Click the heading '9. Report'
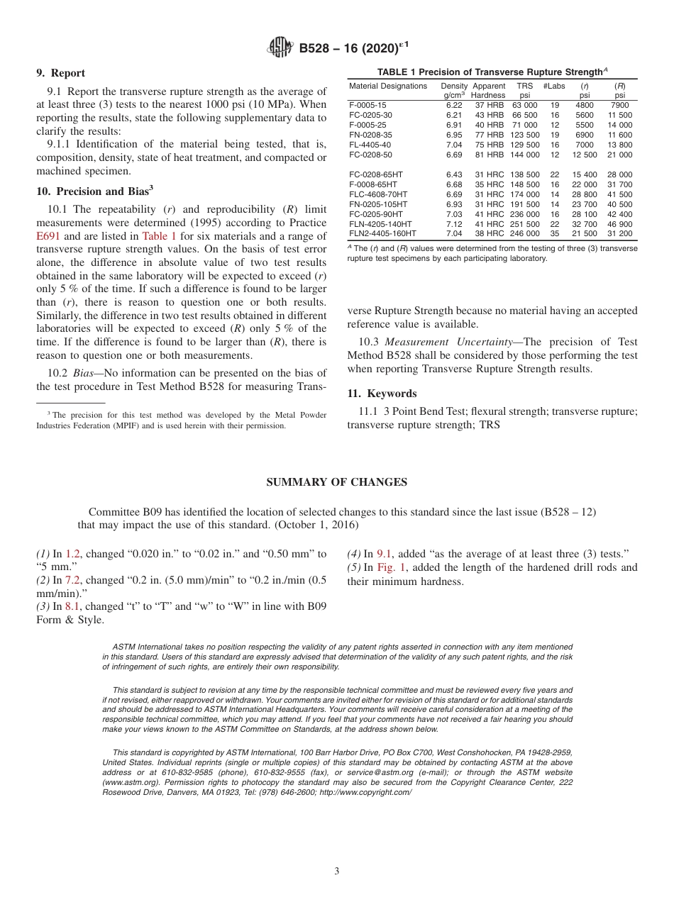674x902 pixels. click(60, 73)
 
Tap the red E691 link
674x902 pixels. click(49, 236)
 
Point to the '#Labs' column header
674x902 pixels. click(554, 86)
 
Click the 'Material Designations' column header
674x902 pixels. click(388, 86)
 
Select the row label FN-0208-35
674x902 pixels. click(371, 135)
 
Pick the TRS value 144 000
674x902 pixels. click(524, 155)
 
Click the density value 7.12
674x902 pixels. click(454, 224)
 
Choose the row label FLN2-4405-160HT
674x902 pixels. click(383, 234)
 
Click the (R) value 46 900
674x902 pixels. click(619, 224)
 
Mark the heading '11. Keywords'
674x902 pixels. click(382, 394)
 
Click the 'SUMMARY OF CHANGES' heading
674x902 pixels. click(336, 482)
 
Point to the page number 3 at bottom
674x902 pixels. click(337, 871)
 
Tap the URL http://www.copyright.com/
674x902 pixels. click(365, 792)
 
